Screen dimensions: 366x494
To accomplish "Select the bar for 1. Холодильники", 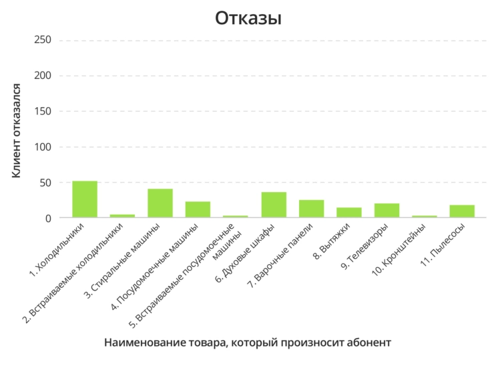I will click(x=85, y=199).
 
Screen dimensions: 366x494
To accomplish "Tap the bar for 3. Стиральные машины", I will click(x=160, y=203).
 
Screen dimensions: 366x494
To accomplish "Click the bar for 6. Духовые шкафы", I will click(x=274, y=205).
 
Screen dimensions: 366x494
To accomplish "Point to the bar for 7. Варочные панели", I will click(x=311, y=209).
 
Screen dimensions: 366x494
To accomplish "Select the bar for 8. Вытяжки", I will click(x=349, y=213).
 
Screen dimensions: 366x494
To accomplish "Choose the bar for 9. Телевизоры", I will click(x=387, y=211).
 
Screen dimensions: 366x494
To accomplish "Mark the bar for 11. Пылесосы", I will click(x=462, y=211).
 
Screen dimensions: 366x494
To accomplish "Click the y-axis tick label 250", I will click(x=42, y=40).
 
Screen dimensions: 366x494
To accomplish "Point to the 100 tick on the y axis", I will click(x=42, y=147).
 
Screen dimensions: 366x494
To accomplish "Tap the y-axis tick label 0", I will click(x=48, y=218).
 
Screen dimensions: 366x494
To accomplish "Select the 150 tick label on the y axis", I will click(x=42, y=112).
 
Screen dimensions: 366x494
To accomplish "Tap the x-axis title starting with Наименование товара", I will click(x=248, y=343).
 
